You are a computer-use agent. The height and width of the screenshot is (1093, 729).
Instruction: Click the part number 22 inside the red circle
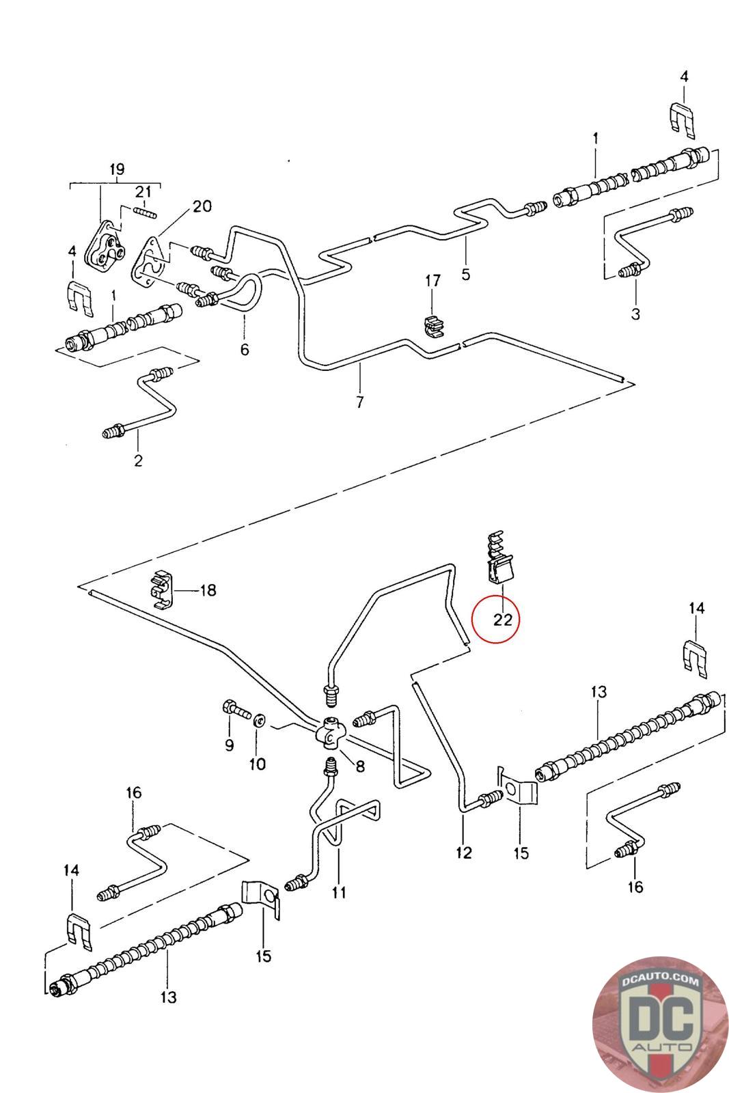point(502,620)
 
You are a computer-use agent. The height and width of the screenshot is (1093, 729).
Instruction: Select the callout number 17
point(433,281)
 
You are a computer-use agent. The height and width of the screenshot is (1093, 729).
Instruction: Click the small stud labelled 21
point(146,214)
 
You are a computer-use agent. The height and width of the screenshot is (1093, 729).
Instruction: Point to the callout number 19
point(118,169)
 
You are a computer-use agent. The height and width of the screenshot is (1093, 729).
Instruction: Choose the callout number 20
point(202,206)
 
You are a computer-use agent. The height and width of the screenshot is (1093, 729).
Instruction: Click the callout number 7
point(359,402)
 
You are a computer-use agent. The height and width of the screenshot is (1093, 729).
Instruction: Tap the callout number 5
point(465,275)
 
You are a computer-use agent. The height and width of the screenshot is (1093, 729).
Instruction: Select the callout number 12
point(464,853)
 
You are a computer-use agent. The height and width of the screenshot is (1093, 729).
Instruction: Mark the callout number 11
point(339,892)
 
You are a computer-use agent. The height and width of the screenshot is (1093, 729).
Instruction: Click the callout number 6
point(245,350)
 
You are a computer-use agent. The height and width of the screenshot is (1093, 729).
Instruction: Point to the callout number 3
point(635,314)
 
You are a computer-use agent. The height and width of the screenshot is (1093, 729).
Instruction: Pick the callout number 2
point(138,460)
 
